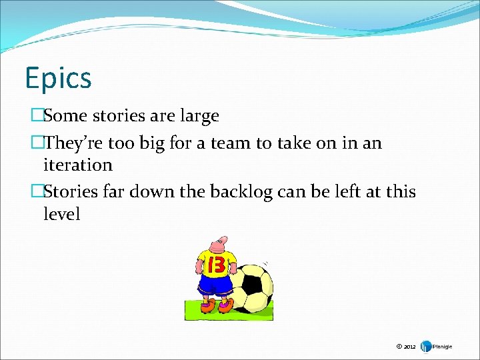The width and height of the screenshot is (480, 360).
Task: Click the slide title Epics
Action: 58,79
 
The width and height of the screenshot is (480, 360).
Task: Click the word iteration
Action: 77,165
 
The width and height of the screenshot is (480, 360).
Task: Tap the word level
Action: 61,214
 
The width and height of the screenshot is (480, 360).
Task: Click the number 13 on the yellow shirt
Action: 216,265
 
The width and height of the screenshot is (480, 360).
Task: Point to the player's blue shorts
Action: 215,285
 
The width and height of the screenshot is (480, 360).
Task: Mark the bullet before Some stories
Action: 37,116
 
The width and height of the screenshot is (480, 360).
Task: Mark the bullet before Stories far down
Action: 37,192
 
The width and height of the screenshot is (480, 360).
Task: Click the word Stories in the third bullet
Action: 71,192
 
